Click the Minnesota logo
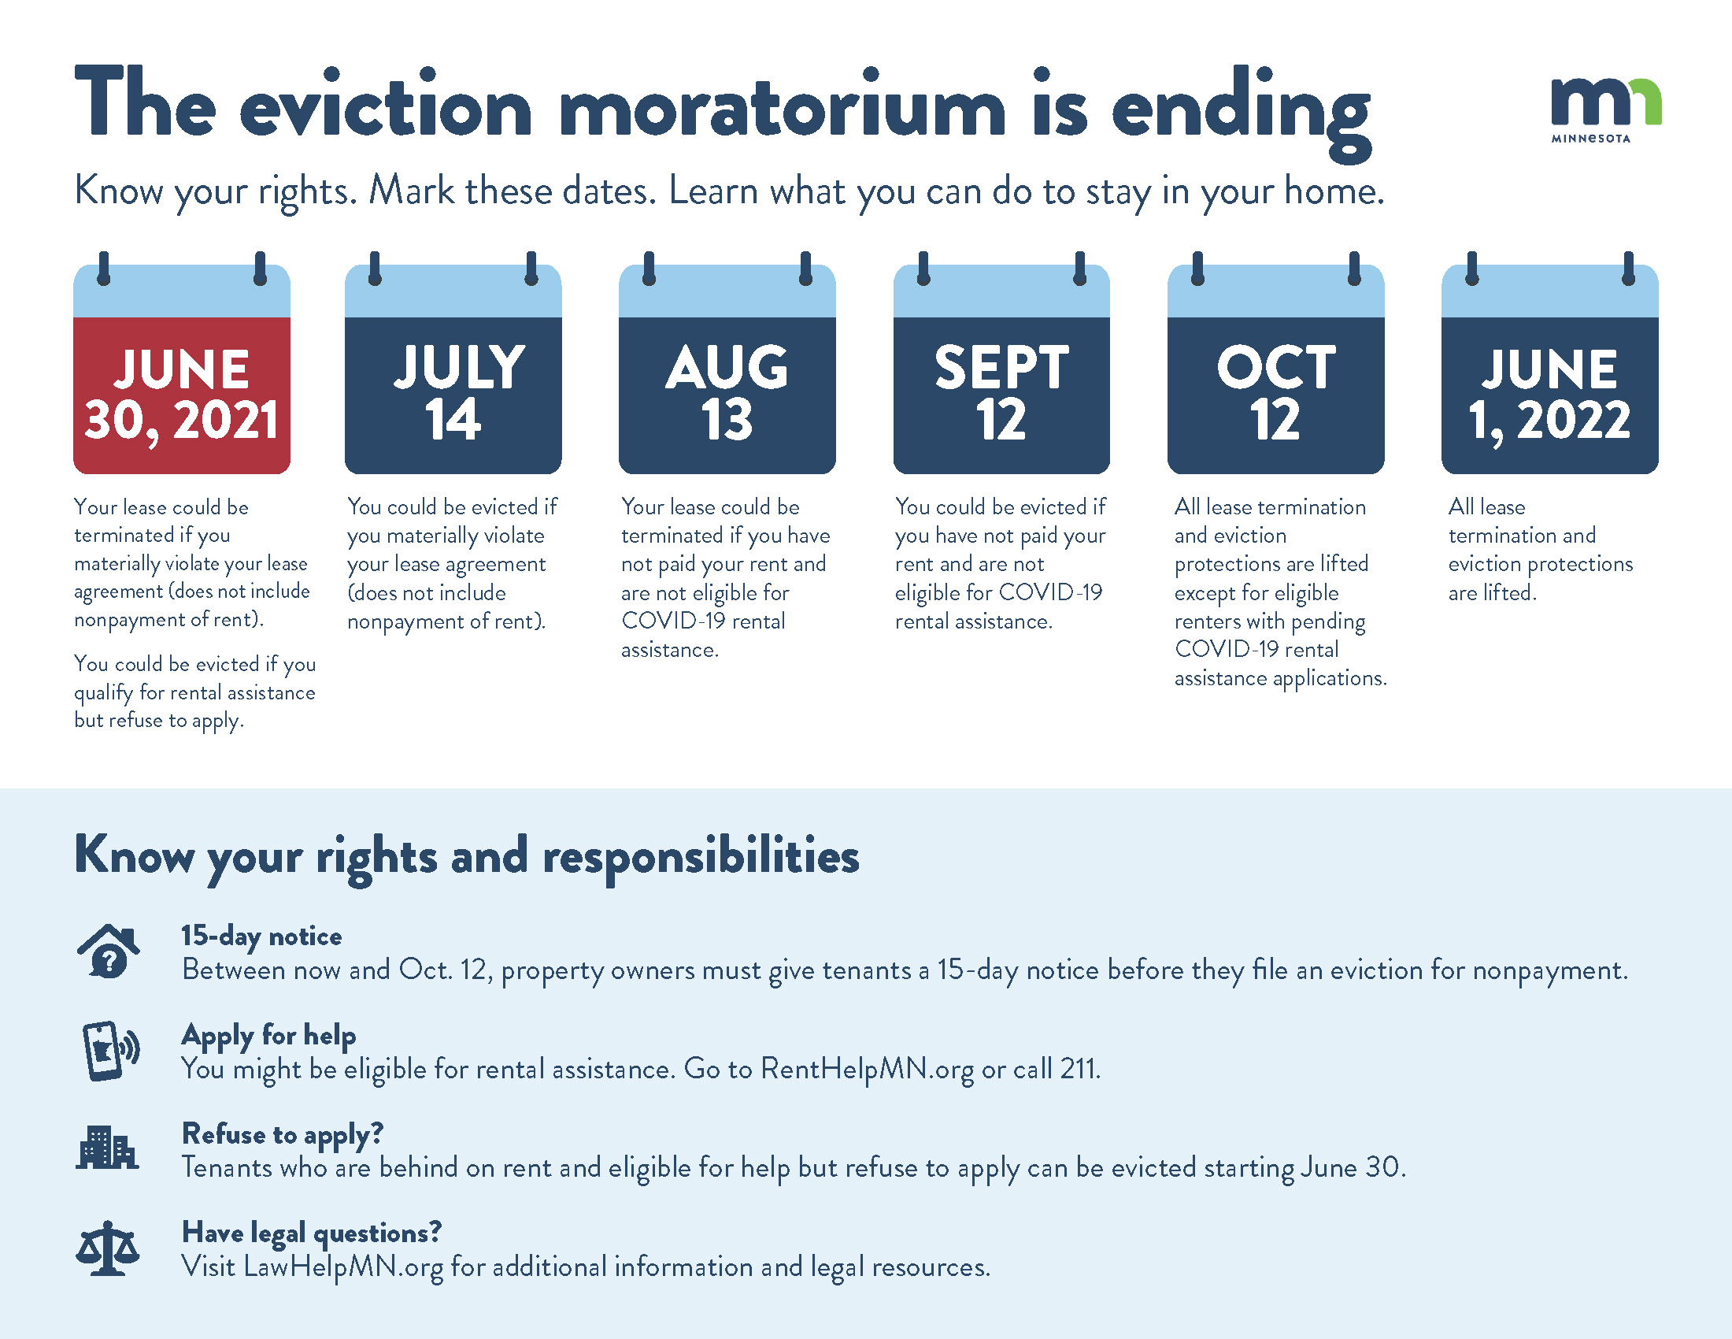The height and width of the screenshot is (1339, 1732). coord(1606,110)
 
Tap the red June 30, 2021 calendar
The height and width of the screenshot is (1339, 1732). coord(182,363)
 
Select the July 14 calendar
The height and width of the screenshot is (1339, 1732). coord(453,363)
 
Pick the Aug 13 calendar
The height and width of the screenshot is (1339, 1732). coord(727,363)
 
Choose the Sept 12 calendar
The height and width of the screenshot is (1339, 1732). coord(1001,363)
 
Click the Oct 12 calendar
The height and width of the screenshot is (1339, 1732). coord(1276,363)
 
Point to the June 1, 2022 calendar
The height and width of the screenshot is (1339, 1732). coord(1549,363)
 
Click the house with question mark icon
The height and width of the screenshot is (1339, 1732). coord(109,951)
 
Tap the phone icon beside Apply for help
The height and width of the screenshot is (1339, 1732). coord(111,1050)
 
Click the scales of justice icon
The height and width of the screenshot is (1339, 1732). coord(107,1248)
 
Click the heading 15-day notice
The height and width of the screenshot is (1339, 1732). coord(261,937)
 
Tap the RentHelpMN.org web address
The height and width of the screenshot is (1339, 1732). coord(867,1070)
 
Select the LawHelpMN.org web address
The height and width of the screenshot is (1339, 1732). coord(343,1267)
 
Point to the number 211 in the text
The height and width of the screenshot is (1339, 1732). coord(1079,1070)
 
